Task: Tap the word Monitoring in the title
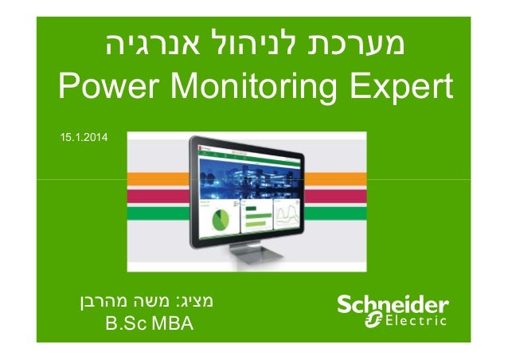[x=256, y=89]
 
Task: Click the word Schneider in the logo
[x=393, y=306]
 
